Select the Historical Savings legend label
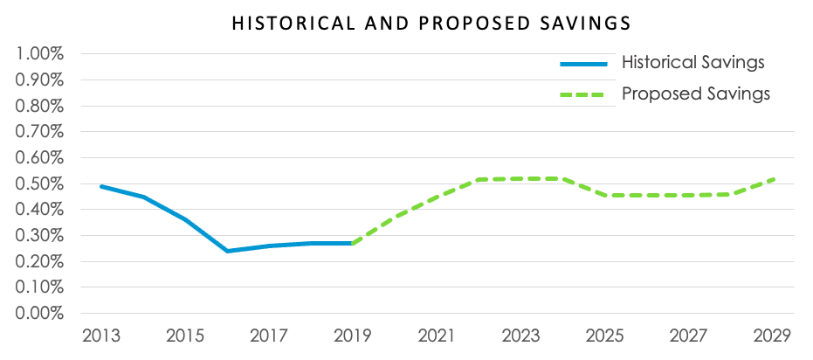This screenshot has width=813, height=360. tap(693, 63)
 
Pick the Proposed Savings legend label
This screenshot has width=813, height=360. tap(696, 93)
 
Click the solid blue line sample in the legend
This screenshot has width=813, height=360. tap(585, 63)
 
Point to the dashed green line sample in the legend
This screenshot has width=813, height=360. tap(585, 93)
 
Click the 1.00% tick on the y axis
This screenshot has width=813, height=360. tap(40, 54)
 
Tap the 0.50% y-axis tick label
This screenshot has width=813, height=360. tap(40, 183)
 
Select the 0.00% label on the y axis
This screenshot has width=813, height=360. tap(40, 313)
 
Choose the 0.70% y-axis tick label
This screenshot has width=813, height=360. tap(40, 132)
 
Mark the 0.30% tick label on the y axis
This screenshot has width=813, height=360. tap(40, 235)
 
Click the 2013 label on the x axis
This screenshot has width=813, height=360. tap(103, 336)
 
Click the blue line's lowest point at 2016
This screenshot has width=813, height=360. tap(227, 251)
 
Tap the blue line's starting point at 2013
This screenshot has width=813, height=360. tap(103, 186)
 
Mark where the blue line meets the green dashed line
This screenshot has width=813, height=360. tap(351, 243)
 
